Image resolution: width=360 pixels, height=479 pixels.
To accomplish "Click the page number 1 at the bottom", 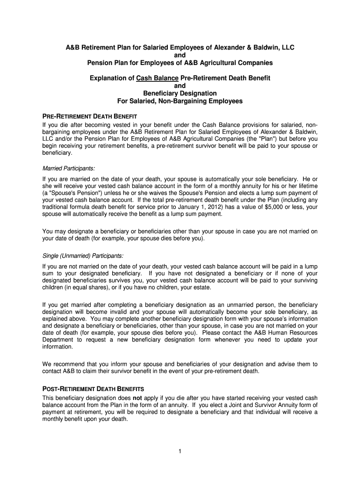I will (180, 451).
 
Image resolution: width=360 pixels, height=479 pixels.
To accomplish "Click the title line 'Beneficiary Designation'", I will (180, 93).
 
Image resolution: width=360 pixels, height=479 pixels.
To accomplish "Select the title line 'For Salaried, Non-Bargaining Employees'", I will (180, 101).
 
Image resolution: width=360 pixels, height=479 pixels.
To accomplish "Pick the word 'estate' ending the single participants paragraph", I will (196, 287).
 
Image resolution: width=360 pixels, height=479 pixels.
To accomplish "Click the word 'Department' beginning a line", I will (58, 340).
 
